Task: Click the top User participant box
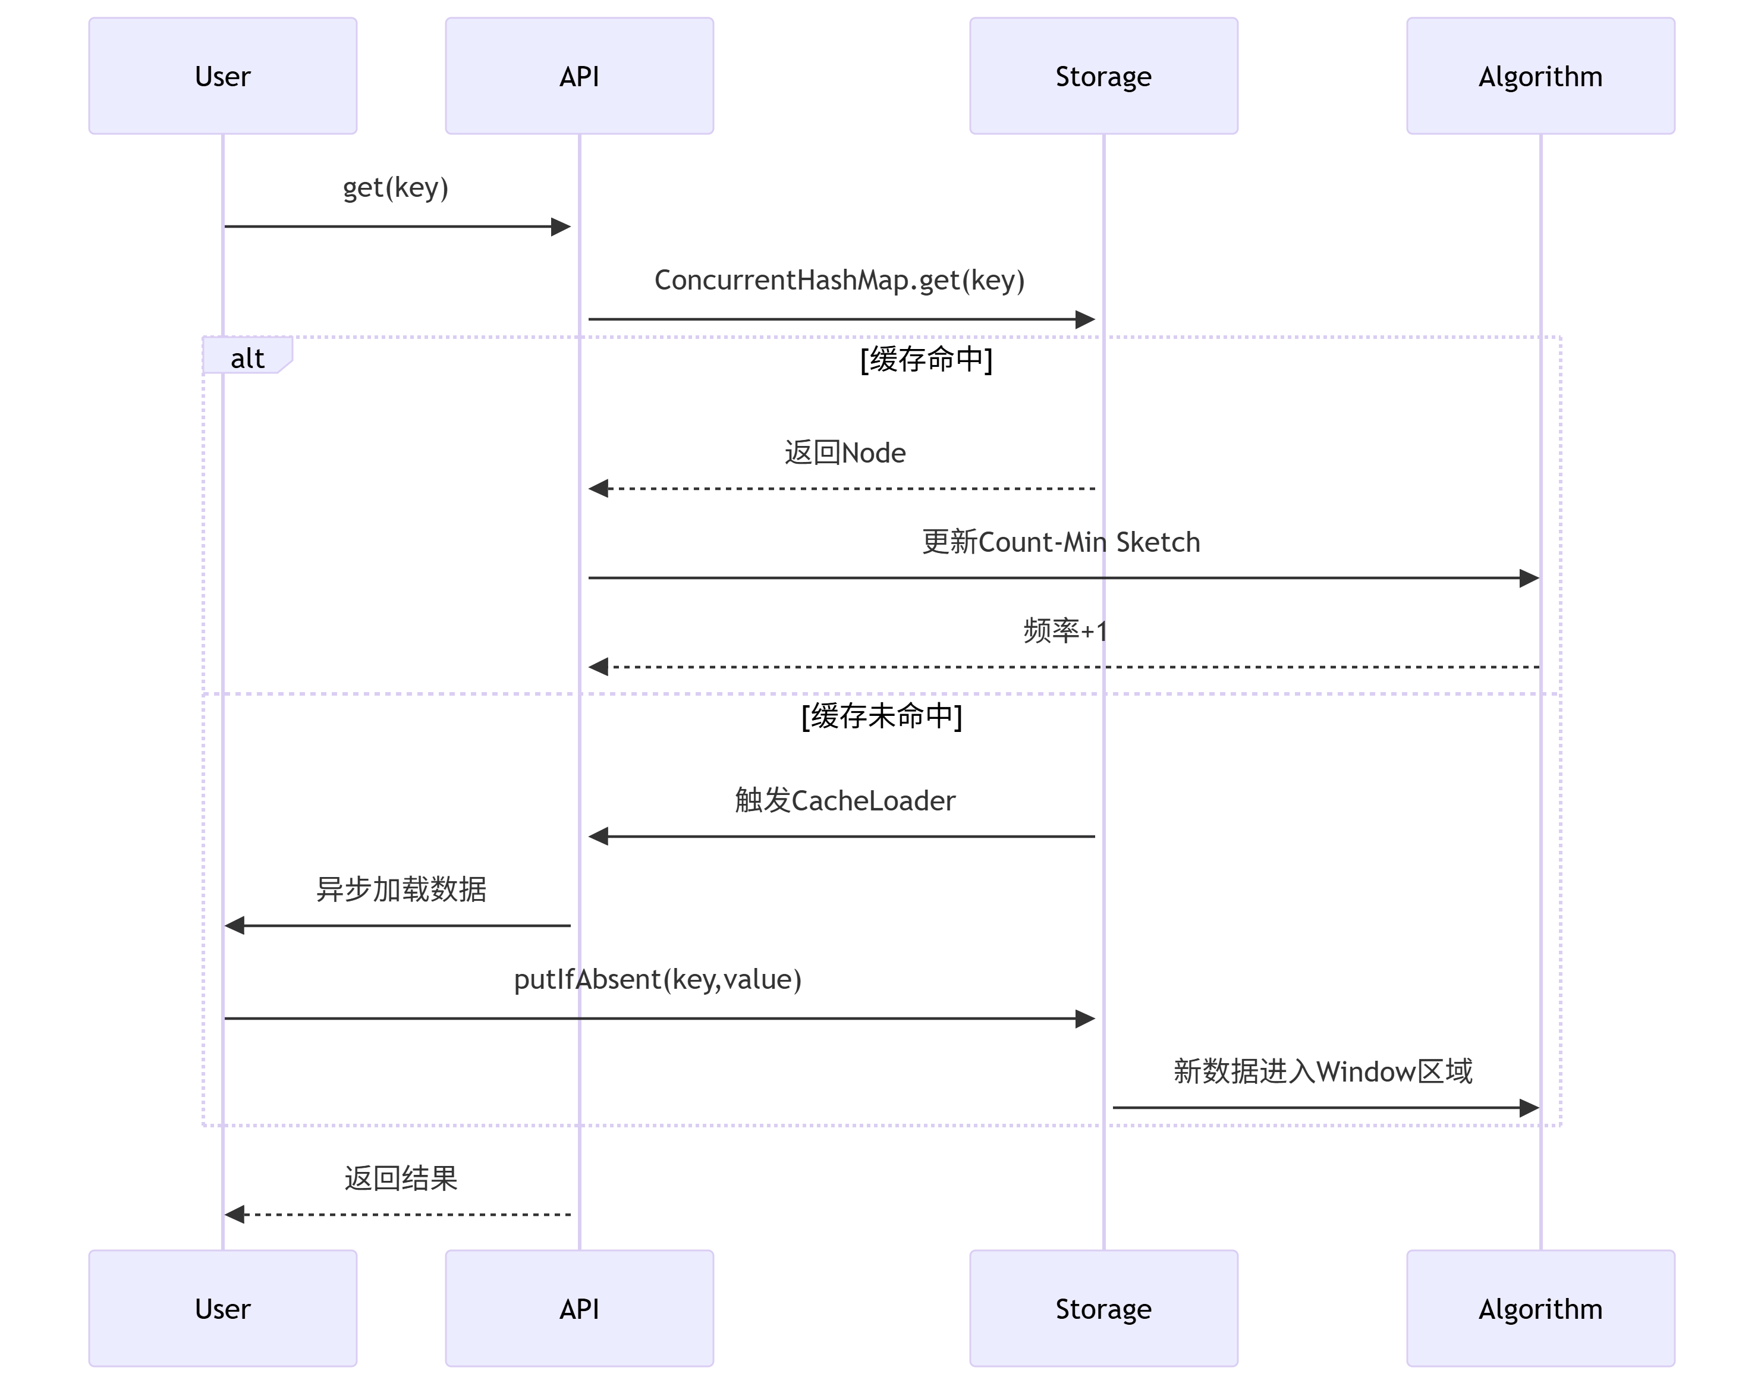click(222, 76)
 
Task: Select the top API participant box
click(578, 76)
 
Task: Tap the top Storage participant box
click(1103, 76)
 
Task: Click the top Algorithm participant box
click(1539, 76)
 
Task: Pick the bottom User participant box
click(222, 1308)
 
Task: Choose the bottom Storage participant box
click(1103, 1308)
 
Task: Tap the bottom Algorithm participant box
click(1539, 1308)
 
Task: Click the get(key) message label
click(395, 187)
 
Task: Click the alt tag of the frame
click(247, 358)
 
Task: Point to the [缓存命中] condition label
click(926, 359)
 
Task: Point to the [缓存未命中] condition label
click(881, 716)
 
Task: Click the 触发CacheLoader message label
click(845, 801)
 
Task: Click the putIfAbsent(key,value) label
click(657, 979)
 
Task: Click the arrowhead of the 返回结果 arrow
click(234, 1215)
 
